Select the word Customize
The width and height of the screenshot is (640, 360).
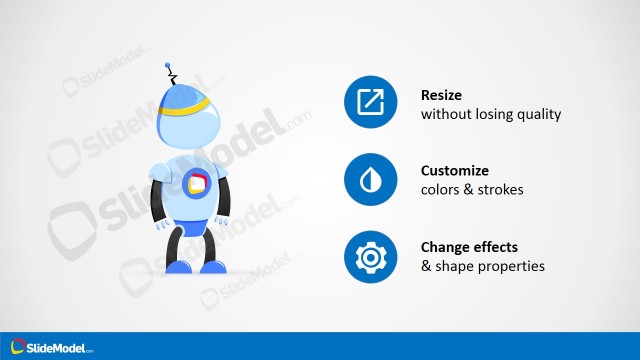[455, 170]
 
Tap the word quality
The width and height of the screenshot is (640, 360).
[539, 114]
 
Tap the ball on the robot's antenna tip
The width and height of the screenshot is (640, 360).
[167, 69]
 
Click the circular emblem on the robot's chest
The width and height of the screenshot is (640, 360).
[196, 183]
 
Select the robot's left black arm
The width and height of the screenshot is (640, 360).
[158, 201]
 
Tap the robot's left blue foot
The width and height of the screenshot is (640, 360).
[180, 265]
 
